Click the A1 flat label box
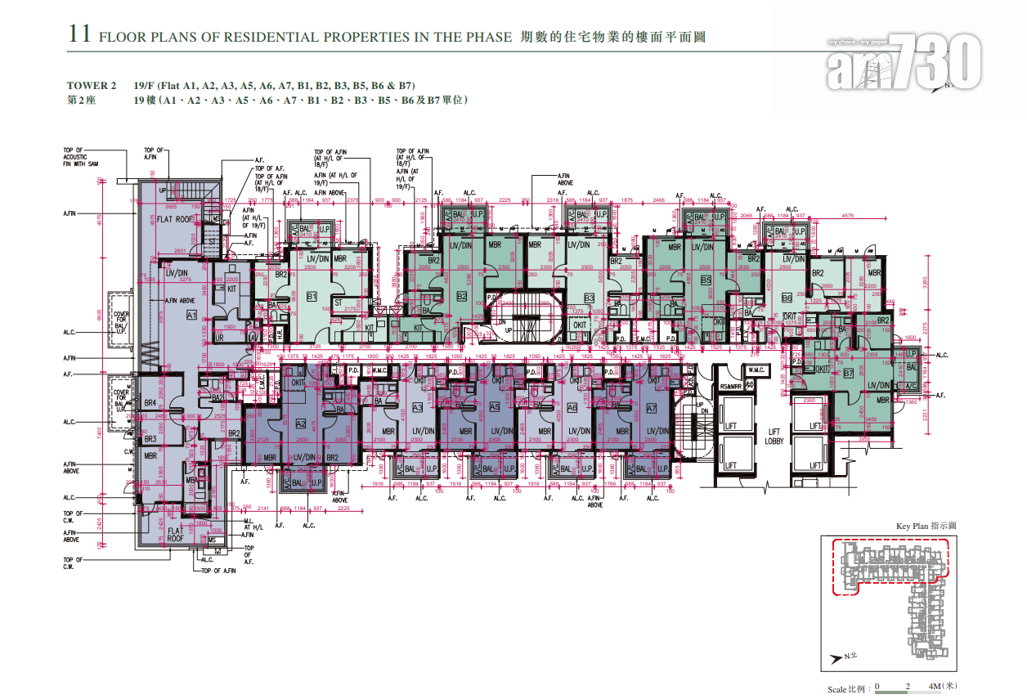(x=191, y=315)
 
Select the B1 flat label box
(x=312, y=296)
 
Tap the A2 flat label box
(x=300, y=423)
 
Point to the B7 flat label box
(x=849, y=373)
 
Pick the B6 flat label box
(x=787, y=297)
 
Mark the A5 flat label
(x=494, y=407)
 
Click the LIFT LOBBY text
(x=774, y=437)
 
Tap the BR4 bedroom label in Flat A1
(x=150, y=403)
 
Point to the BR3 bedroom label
(x=150, y=439)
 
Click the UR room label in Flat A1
(x=219, y=338)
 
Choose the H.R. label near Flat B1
(x=279, y=335)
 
